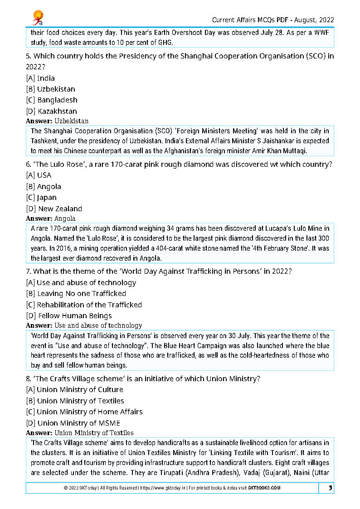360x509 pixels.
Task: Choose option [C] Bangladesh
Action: (x=52, y=100)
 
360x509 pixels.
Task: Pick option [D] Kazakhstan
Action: (x=51, y=111)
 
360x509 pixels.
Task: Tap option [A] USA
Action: (x=39, y=175)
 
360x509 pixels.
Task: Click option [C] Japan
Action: (x=41, y=198)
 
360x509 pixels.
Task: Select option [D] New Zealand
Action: (x=54, y=209)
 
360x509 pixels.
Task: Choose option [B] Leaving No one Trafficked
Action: (x=76, y=294)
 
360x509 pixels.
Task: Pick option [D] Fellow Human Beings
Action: (x=68, y=316)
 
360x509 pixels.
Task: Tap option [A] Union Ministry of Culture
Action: (x=74, y=390)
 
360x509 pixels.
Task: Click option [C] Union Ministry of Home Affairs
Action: (x=84, y=412)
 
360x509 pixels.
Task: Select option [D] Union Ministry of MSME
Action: (x=73, y=423)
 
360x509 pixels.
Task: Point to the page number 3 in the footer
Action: (x=331, y=488)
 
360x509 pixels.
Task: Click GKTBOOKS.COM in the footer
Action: (x=263, y=488)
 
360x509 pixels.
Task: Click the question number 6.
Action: (x=28, y=165)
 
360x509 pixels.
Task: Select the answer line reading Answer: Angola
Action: (x=51, y=218)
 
